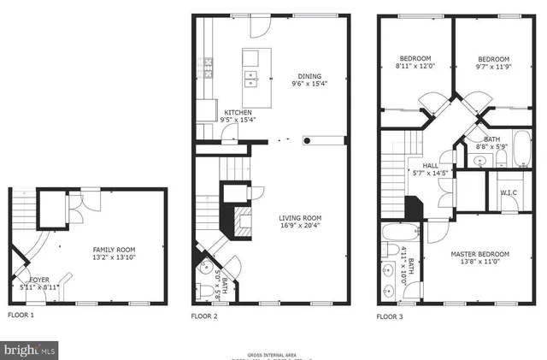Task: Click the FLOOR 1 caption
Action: pos(21,316)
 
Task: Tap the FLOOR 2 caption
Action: pos(204,316)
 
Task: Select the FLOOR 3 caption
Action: pos(391,316)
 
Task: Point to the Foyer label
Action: pos(39,279)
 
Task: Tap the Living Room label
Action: pos(299,219)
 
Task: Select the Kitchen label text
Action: pos(238,113)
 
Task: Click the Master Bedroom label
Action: pos(480,255)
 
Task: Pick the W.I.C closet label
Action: pos(508,193)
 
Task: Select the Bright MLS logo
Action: pos(30,350)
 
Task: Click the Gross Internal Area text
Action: pos(273,352)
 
